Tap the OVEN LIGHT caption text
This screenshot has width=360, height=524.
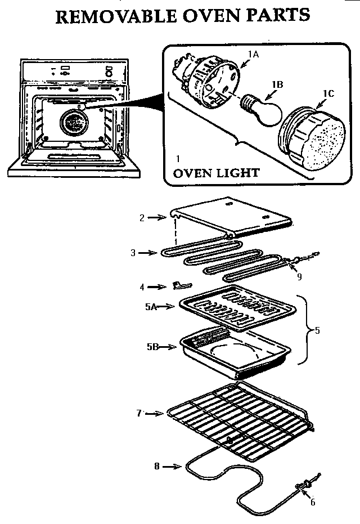pos(217,173)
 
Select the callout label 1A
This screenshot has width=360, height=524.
pos(253,54)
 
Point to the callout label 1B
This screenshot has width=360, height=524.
pos(277,84)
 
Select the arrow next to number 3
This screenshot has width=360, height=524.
pos(147,253)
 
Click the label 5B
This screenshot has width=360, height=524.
pos(151,347)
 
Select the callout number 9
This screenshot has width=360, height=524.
pos(299,276)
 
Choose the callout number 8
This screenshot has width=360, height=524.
pos(157,465)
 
